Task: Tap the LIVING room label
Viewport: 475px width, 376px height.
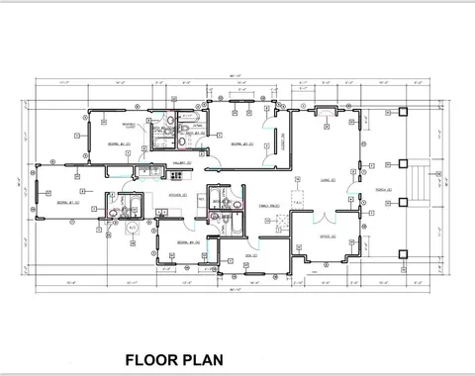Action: tap(326, 180)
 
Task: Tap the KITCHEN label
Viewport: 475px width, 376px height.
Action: tap(179, 196)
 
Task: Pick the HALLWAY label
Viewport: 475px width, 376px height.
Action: tap(183, 161)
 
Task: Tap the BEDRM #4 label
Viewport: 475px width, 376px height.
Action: tap(189, 241)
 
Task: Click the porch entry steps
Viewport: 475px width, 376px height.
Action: tap(427, 183)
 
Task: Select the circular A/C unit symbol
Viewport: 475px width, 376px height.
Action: tap(134, 229)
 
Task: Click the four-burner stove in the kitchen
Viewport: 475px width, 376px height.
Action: tap(177, 175)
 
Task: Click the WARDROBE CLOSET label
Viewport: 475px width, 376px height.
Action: tap(130, 127)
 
